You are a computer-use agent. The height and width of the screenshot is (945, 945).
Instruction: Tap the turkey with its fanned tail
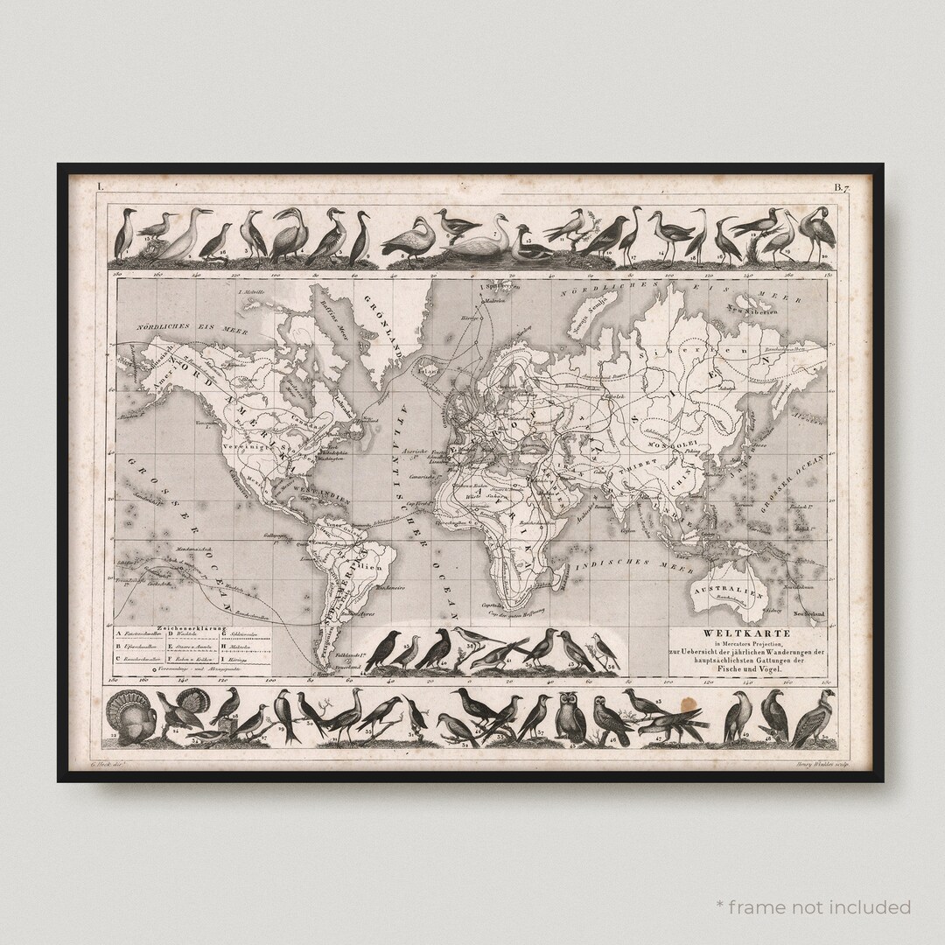click(x=130, y=718)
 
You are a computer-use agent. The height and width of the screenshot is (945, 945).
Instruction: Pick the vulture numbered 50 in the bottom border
click(x=813, y=718)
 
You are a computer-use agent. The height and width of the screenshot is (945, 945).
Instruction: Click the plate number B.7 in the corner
click(x=842, y=186)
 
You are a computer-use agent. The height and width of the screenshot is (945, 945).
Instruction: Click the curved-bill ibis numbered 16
click(x=725, y=238)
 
